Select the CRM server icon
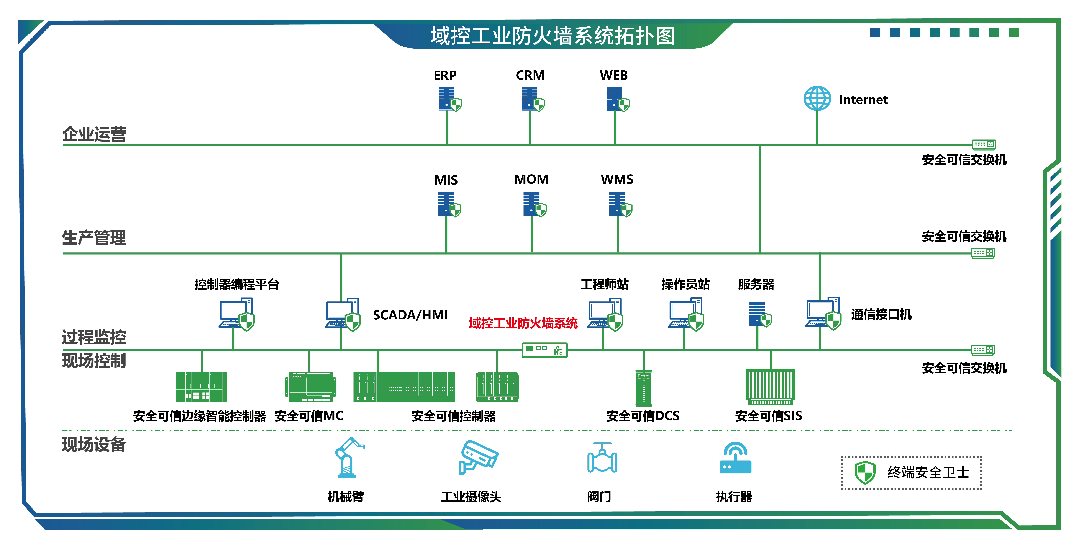tap(532, 99)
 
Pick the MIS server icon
tap(449, 204)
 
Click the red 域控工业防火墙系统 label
tap(523, 323)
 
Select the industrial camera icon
tap(478, 458)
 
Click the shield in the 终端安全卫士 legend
tap(865, 472)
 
